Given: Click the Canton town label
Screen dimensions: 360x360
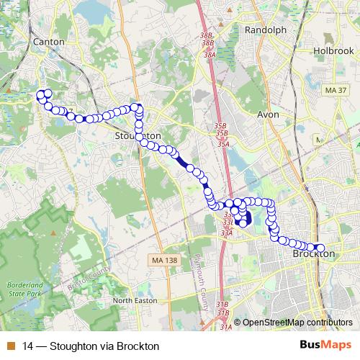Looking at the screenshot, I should [49, 42].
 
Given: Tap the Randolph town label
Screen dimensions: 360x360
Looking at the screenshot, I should [266, 30].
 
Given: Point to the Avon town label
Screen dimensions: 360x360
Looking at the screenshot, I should [269, 114].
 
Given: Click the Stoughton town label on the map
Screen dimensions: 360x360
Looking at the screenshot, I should [138, 135].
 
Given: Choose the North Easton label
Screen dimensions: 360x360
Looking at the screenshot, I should [134, 300].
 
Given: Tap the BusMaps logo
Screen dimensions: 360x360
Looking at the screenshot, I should [325, 346].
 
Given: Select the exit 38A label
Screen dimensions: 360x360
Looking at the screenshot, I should [210, 55].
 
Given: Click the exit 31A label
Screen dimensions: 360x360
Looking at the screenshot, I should [226, 328].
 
